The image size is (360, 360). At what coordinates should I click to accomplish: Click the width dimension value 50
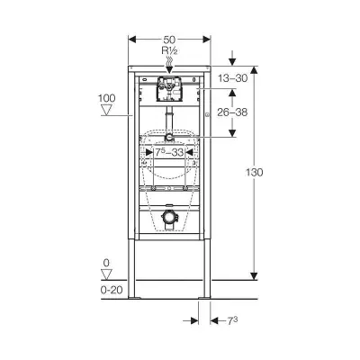(x=169, y=40)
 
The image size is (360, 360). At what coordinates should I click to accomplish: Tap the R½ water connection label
(x=169, y=50)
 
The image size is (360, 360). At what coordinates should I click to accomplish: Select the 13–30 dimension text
(x=233, y=78)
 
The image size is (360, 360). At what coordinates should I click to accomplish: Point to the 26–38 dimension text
(x=233, y=112)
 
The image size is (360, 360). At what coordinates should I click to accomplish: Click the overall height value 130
(x=255, y=173)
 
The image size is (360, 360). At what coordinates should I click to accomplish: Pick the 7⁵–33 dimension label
(x=169, y=152)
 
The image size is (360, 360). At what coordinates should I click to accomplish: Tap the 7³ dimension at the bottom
(x=232, y=321)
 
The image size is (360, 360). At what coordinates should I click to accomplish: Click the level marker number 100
(x=106, y=98)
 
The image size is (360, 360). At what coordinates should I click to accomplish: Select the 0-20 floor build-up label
(x=112, y=290)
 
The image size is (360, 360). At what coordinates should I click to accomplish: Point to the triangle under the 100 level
(x=106, y=110)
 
